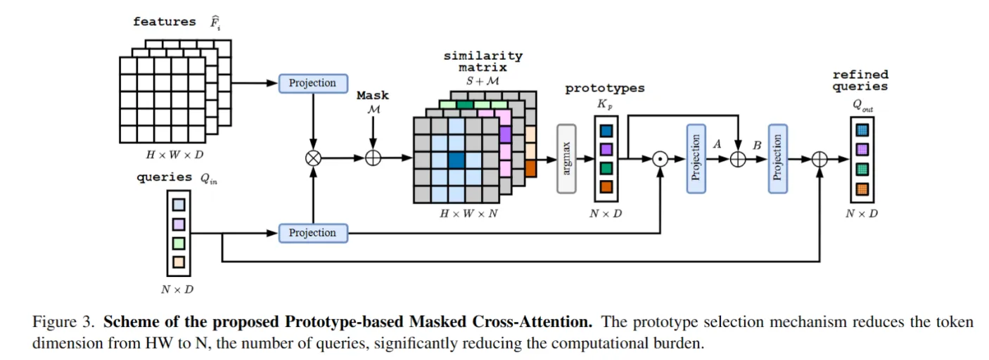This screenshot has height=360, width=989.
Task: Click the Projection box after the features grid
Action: point(313,83)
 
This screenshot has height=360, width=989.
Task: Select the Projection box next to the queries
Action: point(313,233)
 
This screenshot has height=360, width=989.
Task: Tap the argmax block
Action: point(566,158)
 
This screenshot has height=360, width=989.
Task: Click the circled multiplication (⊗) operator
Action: point(313,158)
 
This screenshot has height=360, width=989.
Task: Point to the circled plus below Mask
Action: point(373,158)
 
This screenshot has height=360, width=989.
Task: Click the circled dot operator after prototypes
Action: point(660,158)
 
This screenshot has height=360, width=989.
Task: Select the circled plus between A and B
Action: point(737,159)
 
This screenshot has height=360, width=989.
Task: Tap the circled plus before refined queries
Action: point(819,159)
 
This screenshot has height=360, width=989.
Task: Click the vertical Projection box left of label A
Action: point(696,158)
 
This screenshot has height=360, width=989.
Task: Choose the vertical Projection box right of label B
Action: point(777,158)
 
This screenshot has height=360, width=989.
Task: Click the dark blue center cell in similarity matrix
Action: point(456,160)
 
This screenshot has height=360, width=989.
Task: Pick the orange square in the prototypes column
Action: point(606,187)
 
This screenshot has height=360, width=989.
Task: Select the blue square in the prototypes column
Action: point(606,131)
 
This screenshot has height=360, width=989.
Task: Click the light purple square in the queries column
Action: point(179,224)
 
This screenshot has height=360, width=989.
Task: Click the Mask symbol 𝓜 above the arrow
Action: point(373,108)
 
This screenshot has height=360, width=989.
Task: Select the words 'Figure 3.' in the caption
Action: point(63,323)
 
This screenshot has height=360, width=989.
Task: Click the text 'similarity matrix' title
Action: point(483,62)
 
